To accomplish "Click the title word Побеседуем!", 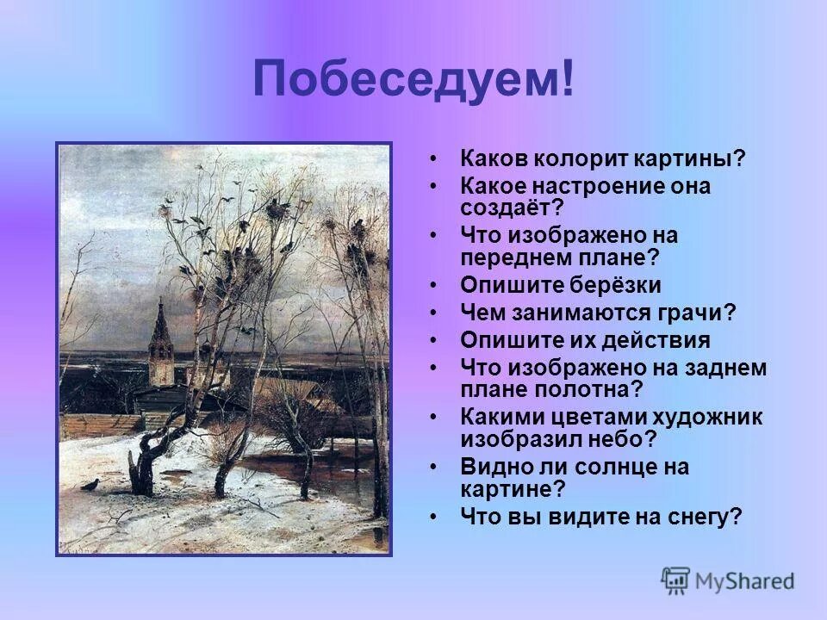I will pos(413,80).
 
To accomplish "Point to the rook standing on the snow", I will pos(89,485).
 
